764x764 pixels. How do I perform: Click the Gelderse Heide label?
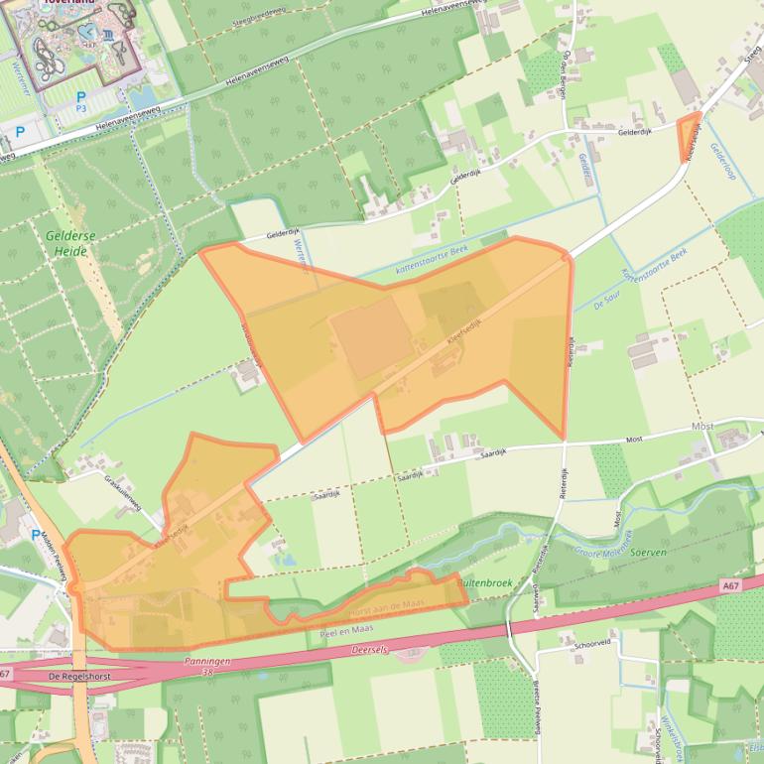[66, 243]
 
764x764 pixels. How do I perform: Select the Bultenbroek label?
[485, 583]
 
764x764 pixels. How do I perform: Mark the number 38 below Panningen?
[207, 672]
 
